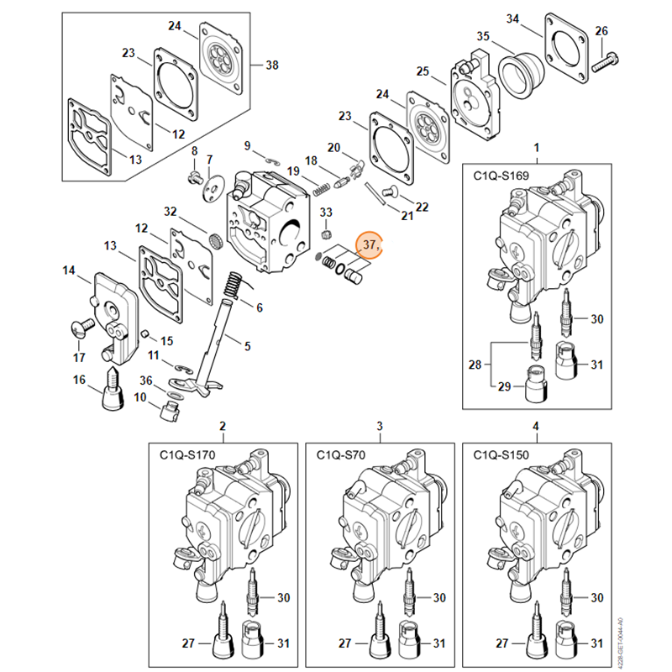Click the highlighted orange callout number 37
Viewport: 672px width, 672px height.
pos(370,244)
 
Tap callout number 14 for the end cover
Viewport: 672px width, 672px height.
pos(69,270)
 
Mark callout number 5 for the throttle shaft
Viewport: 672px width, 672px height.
pos(247,345)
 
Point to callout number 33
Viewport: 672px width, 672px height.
pos(326,212)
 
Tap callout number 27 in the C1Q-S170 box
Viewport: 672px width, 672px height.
pos(188,643)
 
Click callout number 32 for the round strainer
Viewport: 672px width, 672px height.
pos(171,211)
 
